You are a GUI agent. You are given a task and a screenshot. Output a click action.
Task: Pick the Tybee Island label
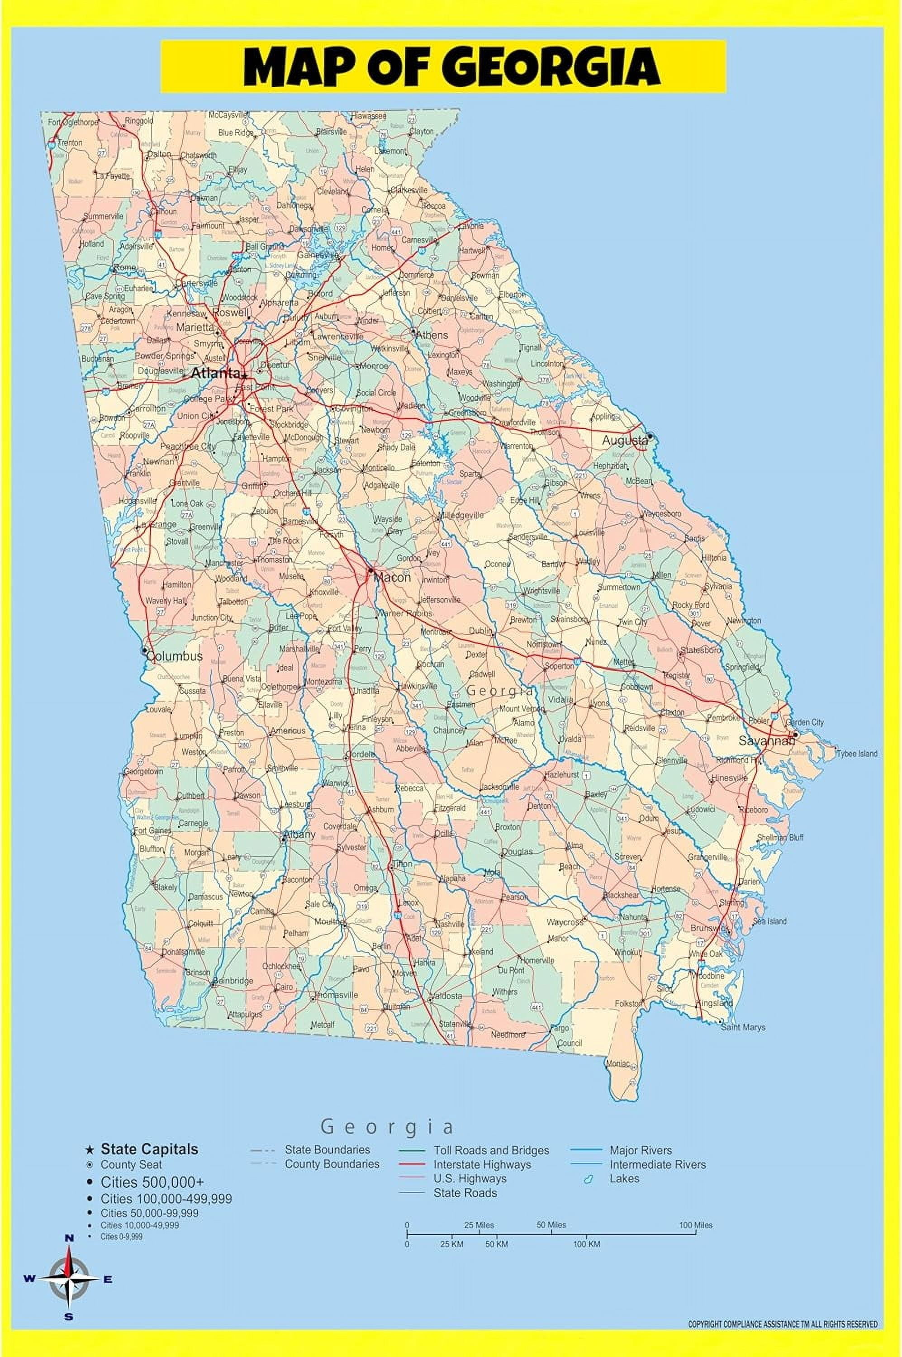pos(857,754)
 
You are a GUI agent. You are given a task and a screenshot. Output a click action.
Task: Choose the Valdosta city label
pos(446,996)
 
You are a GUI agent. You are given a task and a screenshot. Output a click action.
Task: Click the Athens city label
pos(432,335)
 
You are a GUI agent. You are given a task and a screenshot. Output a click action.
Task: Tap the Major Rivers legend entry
pos(640,1150)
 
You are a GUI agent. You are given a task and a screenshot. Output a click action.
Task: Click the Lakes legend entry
pos(624,1178)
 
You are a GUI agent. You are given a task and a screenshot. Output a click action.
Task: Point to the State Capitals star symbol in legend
pos(89,1150)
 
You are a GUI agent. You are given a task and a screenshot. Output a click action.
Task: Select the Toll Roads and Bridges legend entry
pos(491,1150)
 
